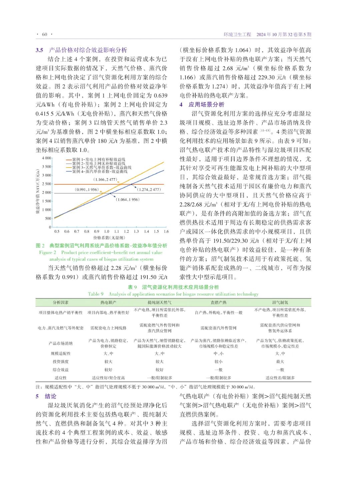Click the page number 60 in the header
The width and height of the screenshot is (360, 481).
44,34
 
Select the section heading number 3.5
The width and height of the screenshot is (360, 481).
39,50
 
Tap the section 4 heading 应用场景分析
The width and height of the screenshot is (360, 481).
206,105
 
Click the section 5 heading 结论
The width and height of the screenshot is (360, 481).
51,396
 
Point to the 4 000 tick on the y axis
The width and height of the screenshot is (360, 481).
47,158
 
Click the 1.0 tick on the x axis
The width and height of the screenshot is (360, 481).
107,232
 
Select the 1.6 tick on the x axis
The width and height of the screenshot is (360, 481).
166,232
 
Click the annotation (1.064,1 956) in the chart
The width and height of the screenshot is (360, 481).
128,200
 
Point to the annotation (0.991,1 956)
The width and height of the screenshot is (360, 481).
87,190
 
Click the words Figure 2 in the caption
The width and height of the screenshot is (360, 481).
48,252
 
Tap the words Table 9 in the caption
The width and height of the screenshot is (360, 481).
96,294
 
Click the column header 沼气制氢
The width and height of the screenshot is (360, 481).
280,302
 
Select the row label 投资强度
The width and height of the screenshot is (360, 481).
60,362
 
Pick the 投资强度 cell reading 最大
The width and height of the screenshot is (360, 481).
280,362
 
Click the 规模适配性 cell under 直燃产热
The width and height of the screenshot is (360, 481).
218,354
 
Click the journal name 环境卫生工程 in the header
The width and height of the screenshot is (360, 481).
237,34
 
